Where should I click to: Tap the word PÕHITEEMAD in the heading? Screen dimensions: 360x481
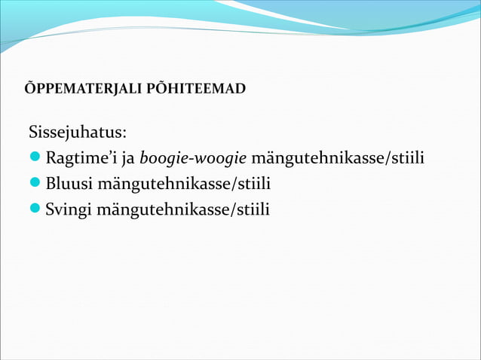(x=205, y=90)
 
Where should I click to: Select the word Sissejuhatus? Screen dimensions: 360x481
(x=75, y=134)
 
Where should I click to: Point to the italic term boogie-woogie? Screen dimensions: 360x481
(x=193, y=160)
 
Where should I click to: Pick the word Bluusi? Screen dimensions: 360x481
(x=65, y=184)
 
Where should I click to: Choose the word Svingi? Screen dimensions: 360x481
(x=66, y=209)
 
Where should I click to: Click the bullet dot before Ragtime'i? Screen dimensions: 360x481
(x=35, y=160)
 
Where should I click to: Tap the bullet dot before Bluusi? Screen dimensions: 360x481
(x=35, y=185)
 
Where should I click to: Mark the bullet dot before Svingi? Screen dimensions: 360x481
(x=35, y=209)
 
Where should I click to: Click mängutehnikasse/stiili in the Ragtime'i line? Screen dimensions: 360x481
(x=338, y=160)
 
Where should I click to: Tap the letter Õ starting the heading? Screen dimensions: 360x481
(x=30, y=89)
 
